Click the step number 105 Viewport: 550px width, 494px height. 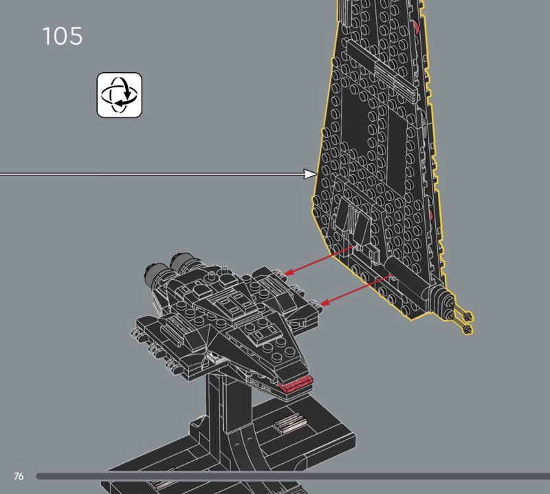[x=63, y=36]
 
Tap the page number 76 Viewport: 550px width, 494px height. [x=19, y=476]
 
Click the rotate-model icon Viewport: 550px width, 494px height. [x=119, y=95]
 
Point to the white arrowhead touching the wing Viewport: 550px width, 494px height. [x=311, y=174]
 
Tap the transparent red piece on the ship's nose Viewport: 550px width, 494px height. [x=296, y=384]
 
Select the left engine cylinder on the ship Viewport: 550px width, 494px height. [x=155, y=273]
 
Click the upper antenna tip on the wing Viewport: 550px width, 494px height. [x=467, y=316]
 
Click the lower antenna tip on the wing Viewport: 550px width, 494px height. [x=467, y=329]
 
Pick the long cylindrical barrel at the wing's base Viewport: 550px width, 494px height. [x=406, y=277]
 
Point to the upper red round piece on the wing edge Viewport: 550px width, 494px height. [x=417, y=27]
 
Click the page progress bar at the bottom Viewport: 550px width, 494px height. [x=293, y=476]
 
